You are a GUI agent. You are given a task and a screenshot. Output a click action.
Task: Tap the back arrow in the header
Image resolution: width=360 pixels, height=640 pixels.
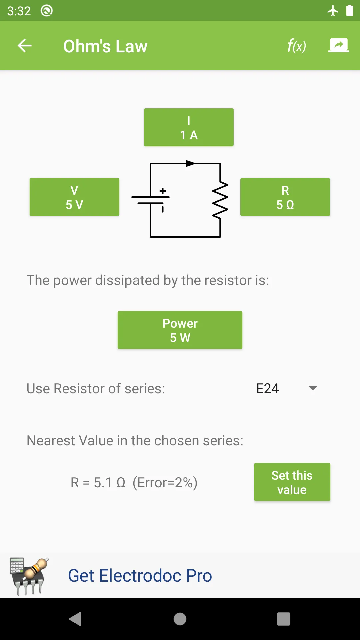click(x=25, y=46)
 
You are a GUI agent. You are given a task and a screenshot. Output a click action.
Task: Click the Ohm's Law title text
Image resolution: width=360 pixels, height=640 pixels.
click(x=105, y=46)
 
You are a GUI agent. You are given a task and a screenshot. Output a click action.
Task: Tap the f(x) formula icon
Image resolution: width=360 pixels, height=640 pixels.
click(x=296, y=46)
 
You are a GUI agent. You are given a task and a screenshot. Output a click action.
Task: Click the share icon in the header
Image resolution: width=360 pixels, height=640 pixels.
click(x=339, y=45)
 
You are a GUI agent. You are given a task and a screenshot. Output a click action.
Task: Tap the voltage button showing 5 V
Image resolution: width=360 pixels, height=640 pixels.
click(x=74, y=197)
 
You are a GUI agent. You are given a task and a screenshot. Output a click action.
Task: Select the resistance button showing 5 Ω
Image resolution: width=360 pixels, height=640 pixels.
click(x=285, y=197)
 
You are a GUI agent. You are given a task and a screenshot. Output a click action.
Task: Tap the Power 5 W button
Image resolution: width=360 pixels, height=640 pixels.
click(x=180, y=330)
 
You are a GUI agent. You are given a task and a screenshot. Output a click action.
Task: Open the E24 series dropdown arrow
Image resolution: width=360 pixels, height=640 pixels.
click(x=313, y=388)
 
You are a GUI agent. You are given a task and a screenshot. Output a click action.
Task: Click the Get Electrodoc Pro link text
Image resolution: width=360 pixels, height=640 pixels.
click(x=140, y=576)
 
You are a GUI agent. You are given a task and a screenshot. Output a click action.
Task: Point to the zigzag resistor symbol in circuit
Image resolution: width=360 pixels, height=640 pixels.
click(x=220, y=200)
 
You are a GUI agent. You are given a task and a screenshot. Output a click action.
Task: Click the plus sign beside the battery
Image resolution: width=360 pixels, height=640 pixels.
click(x=163, y=191)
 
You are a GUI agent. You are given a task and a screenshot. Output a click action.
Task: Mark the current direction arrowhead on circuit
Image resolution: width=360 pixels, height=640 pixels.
click(x=190, y=163)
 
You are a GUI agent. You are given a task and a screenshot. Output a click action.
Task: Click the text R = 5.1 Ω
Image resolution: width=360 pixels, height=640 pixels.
click(x=98, y=483)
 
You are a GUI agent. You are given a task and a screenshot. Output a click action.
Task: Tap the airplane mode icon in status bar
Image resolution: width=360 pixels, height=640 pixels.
click(x=333, y=11)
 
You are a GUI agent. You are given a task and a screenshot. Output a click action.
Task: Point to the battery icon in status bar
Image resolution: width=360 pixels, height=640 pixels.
click(x=349, y=11)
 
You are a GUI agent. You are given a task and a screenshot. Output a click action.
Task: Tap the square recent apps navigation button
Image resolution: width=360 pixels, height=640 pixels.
click(x=283, y=619)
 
